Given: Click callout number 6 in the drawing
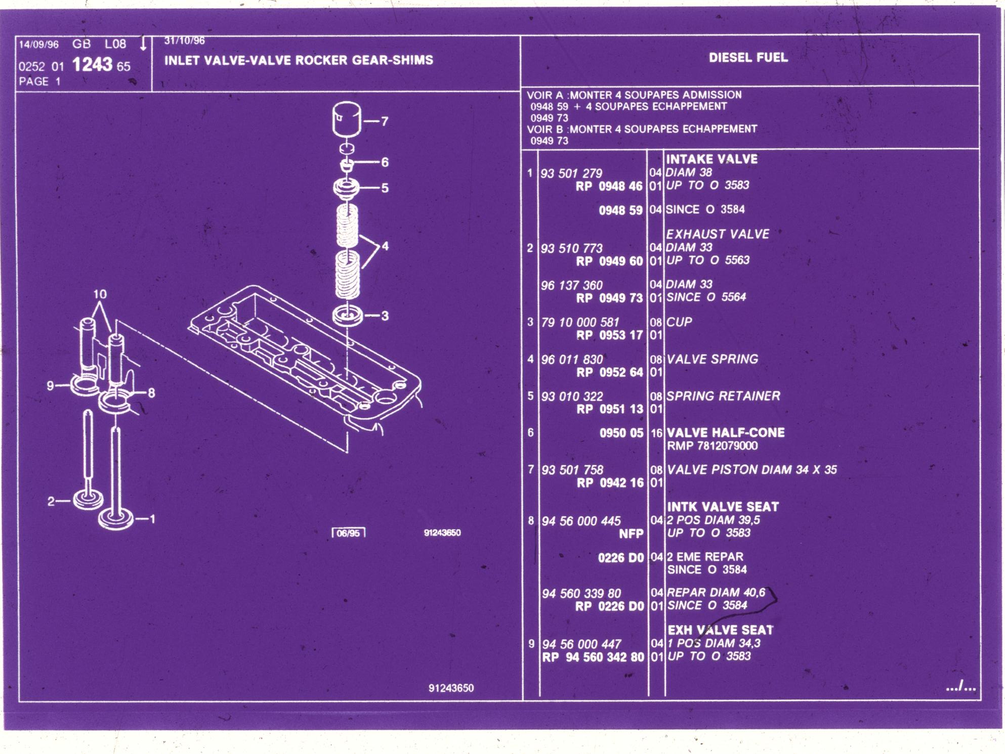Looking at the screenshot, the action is [385, 162].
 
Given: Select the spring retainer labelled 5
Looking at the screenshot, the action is [347, 188].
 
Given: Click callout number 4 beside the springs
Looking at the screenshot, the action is [385, 246].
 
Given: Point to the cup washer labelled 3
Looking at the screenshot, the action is [348, 316].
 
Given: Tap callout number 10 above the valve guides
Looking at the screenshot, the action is [100, 294].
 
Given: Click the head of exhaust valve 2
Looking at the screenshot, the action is [88, 500].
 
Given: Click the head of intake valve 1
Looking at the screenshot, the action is [116, 519].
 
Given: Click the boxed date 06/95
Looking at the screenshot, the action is [348, 533].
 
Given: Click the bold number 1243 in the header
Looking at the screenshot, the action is [92, 64].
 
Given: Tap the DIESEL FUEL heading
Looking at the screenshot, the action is [748, 57].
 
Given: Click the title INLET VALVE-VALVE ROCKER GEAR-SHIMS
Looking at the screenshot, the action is [299, 60].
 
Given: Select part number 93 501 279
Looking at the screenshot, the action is [571, 173].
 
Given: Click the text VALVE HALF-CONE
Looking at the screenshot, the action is [726, 432].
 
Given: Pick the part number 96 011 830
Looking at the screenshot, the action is [572, 360].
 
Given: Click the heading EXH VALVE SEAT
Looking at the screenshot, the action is [721, 630].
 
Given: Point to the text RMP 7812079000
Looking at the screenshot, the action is [713, 446].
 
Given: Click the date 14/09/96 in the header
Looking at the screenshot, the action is [38, 45].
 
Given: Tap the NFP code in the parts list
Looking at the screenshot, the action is [631, 534].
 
